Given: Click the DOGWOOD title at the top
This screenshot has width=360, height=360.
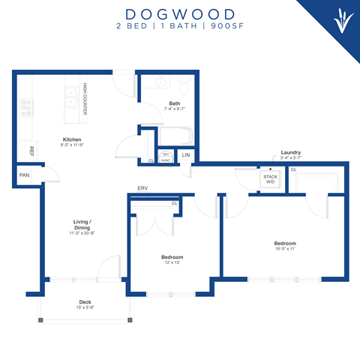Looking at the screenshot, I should point(180,13).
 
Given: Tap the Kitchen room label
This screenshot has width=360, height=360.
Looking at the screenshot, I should point(72,140).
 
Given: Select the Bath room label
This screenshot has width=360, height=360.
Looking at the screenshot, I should point(174,104).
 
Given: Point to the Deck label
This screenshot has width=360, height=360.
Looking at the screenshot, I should point(87,302).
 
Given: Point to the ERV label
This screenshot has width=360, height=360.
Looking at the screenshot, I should point(142,189).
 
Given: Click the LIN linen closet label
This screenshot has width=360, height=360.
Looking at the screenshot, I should point(185,155).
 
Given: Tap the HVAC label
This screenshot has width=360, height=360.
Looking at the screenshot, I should point(166,160).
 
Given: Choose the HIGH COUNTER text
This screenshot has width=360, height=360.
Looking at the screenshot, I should point(85,102).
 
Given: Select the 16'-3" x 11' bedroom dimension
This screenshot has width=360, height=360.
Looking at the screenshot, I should point(284,249).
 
